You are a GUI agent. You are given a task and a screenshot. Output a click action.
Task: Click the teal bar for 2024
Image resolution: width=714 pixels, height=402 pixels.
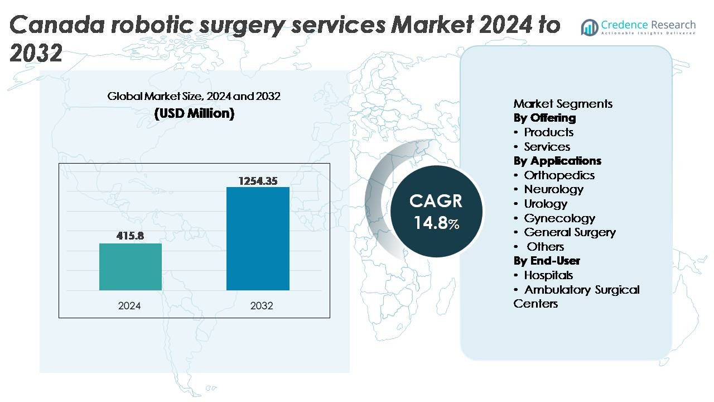point(131,267)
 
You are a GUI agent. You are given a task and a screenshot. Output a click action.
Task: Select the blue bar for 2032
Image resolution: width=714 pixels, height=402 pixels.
point(258,238)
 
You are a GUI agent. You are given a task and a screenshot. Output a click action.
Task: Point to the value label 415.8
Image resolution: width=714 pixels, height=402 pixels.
point(130,236)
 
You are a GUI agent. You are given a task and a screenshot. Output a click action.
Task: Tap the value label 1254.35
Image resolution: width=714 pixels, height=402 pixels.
point(258,181)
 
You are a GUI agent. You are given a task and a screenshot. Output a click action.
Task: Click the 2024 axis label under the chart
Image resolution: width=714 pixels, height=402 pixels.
point(129,306)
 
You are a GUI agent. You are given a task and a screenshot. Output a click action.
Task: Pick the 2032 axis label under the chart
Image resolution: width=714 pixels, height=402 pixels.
point(262,306)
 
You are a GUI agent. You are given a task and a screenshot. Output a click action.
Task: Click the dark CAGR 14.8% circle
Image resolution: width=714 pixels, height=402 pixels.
point(436,212)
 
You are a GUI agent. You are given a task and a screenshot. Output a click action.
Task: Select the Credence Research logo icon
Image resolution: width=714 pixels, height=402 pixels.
point(589,26)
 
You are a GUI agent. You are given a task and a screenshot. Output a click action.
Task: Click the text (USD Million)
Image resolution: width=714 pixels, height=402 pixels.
point(194,113)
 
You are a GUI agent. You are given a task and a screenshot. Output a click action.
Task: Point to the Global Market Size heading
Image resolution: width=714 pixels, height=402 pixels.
point(194,97)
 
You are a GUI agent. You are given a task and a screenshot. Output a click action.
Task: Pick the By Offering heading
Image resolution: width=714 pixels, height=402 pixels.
point(544,118)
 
